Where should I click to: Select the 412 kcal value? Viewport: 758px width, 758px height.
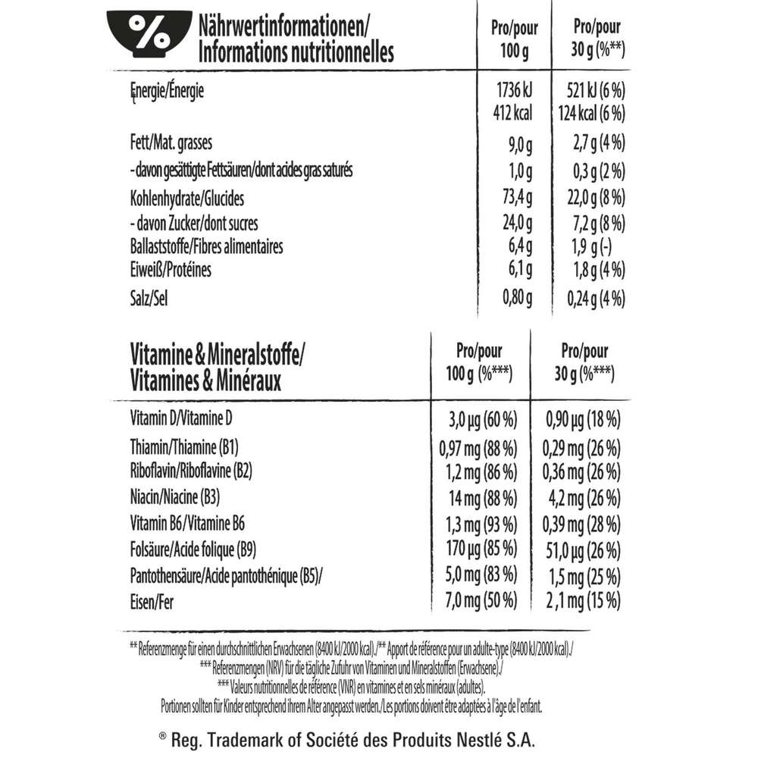(x=512, y=114)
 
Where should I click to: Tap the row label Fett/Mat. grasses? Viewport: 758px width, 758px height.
(x=172, y=143)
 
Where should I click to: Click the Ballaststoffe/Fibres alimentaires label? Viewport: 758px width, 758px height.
(x=206, y=247)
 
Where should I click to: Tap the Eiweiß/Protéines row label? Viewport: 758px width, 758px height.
(x=171, y=270)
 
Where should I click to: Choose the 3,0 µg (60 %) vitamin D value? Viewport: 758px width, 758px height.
(x=478, y=419)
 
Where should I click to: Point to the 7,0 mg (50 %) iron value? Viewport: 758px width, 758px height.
(x=478, y=602)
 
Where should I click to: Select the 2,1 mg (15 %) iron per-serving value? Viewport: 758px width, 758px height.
(x=584, y=602)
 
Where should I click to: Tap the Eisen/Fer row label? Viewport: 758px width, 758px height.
(x=150, y=602)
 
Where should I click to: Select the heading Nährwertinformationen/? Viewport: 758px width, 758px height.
(x=283, y=30)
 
